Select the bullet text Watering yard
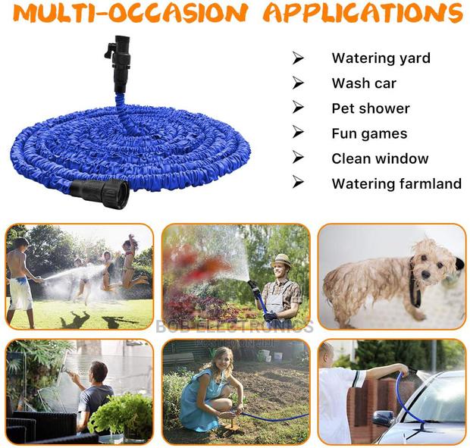[381, 58]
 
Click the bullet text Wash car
[364, 83]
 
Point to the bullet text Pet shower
[371, 108]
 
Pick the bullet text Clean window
[380, 158]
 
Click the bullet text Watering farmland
[396, 183]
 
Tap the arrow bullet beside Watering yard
[298, 58]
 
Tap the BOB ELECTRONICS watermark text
[234, 327]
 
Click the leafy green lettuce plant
[125, 413]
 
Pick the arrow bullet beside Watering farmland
[298, 183]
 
